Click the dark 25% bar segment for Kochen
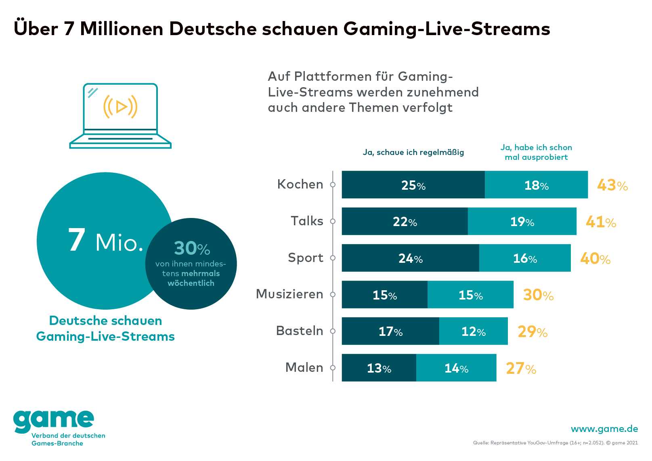[x=413, y=185]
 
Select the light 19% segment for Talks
[x=522, y=221]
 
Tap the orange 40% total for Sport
[x=595, y=258]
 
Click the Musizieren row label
[x=289, y=294]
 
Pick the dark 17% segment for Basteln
[x=390, y=331]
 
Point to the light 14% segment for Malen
[x=456, y=368]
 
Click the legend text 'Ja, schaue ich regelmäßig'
[x=413, y=152]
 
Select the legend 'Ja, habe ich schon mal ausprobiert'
[x=536, y=152]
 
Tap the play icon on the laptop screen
[x=121, y=107]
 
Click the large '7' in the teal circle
[x=77, y=240]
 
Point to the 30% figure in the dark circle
[x=192, y=248]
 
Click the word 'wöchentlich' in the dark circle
[x=191, y=283]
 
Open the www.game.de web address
[x=604, y=429]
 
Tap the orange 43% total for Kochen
[x=612, y=185]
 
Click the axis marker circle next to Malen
[x=333, y=368]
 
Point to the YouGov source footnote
[x=555, y=443]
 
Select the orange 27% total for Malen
[x=521, y=368]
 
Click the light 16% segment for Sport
[x=525, y=258]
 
